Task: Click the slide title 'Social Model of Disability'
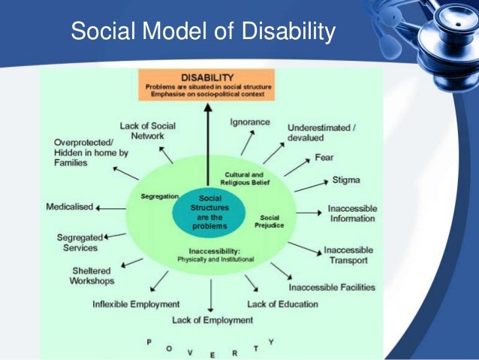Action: tap(201, 32)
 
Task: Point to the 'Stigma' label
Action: tap(346, 180)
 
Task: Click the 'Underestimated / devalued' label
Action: tap(321, 133)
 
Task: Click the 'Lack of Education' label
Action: tap(282, 304)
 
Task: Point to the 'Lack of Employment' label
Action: tap(212, 319)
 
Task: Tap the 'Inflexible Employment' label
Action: tap(136, 304)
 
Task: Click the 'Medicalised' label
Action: tap(70, 205)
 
